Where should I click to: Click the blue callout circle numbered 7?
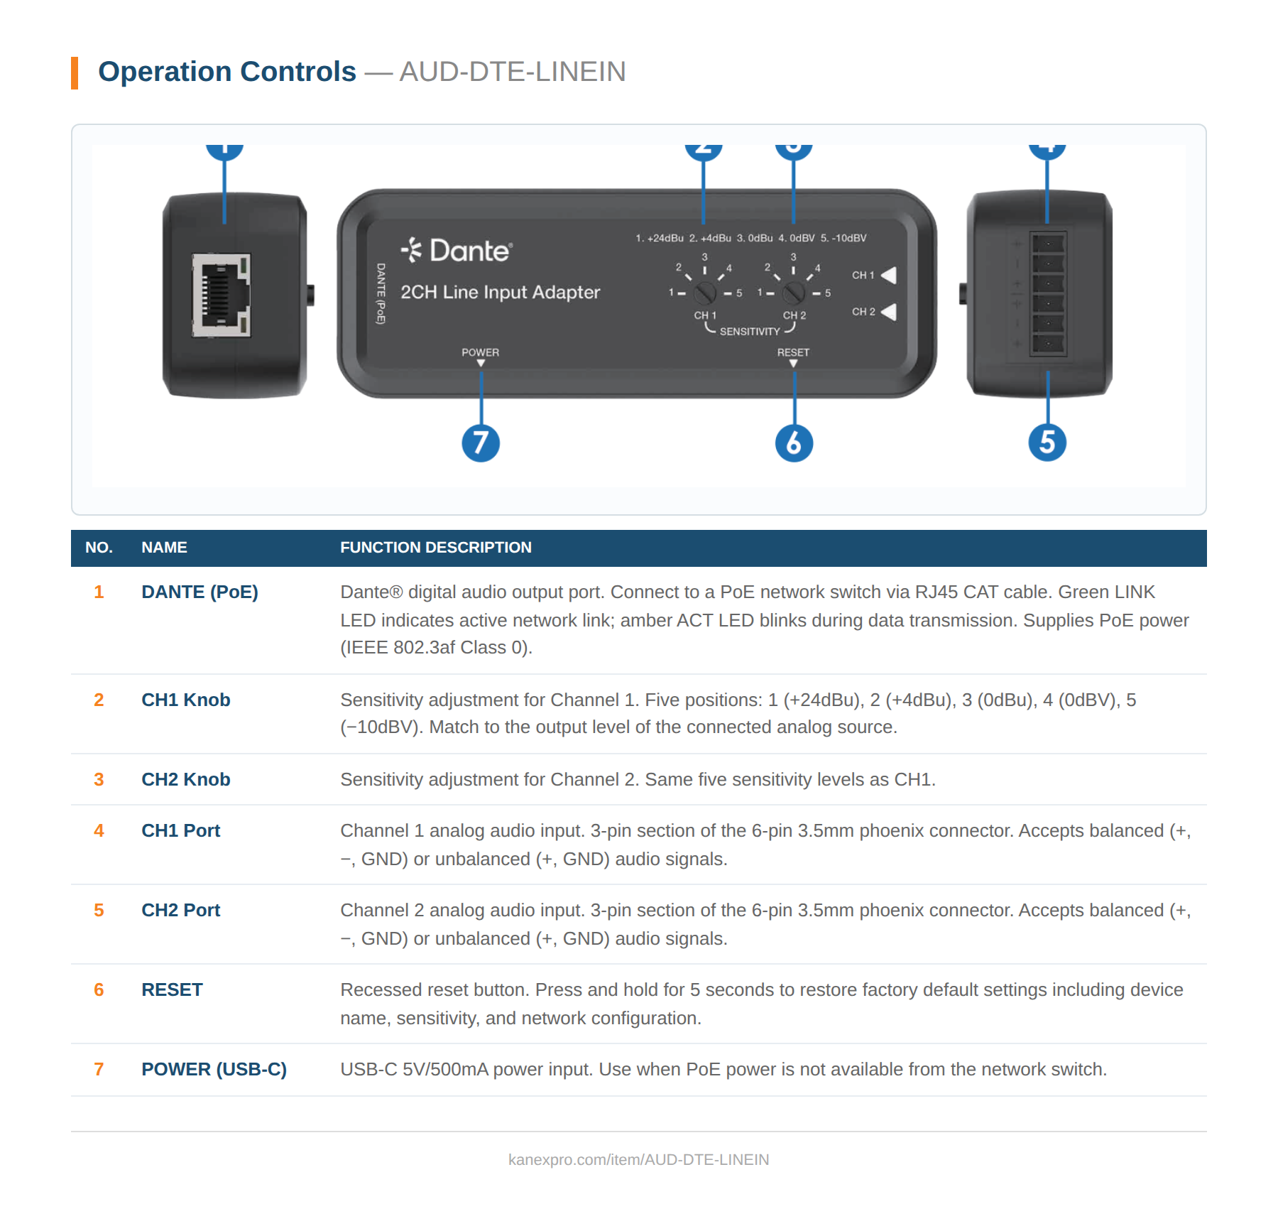(x=481, y=443)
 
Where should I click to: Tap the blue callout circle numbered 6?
(x=794, y=443)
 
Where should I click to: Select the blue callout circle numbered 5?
(x=1047, y=443)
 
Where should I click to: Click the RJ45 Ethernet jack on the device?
(x=222, y=295)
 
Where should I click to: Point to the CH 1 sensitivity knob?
(x=704, y=292)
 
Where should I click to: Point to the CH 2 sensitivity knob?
(x=793, y=292)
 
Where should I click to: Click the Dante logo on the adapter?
(x=456, y=251)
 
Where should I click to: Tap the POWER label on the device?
(x=480, y=352)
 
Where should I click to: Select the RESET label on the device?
(x=793, y=352)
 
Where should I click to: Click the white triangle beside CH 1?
(x=889, y=275)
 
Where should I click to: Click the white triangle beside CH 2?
(x=889, y=312)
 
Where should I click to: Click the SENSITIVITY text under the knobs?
(x=749, y=332)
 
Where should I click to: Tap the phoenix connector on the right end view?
(x=1048, y=294)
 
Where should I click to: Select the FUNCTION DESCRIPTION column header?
(x=435, y=548)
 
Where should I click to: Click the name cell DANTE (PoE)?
(x=200, y=592)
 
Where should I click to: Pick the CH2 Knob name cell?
(x=185, y=779)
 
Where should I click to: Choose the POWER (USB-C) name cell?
(x=214, y=1069)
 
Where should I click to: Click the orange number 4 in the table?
(x=99, y=830)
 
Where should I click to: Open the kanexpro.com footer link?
(x=638, y=1159)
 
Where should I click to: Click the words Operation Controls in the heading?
(x=226, y=72)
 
